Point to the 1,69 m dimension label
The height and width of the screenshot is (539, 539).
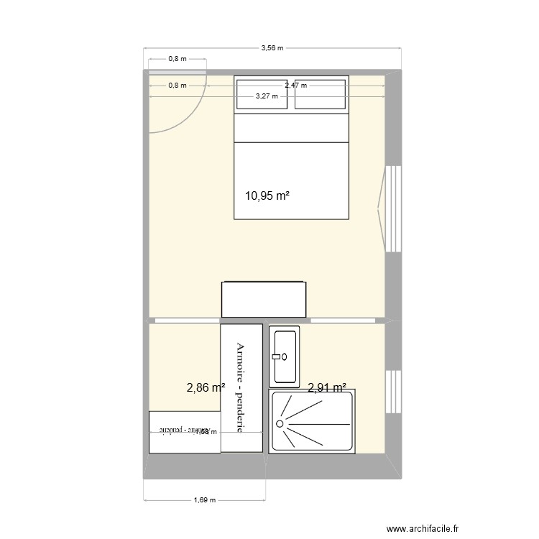205,501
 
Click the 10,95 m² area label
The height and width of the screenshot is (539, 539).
267,195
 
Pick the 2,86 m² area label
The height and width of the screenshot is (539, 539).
206,388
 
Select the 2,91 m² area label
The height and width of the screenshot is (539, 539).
327,388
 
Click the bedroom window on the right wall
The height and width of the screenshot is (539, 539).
392,209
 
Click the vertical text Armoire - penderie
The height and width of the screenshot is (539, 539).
241,388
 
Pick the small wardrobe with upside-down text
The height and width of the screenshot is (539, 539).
184,431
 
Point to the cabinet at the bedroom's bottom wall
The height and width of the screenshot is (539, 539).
264,299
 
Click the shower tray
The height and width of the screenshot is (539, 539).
312,422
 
